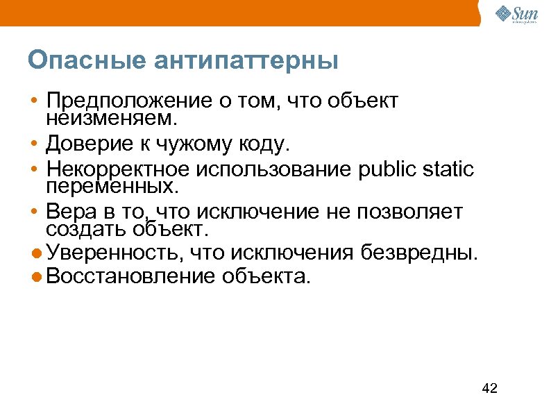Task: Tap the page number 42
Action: point(490,388)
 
